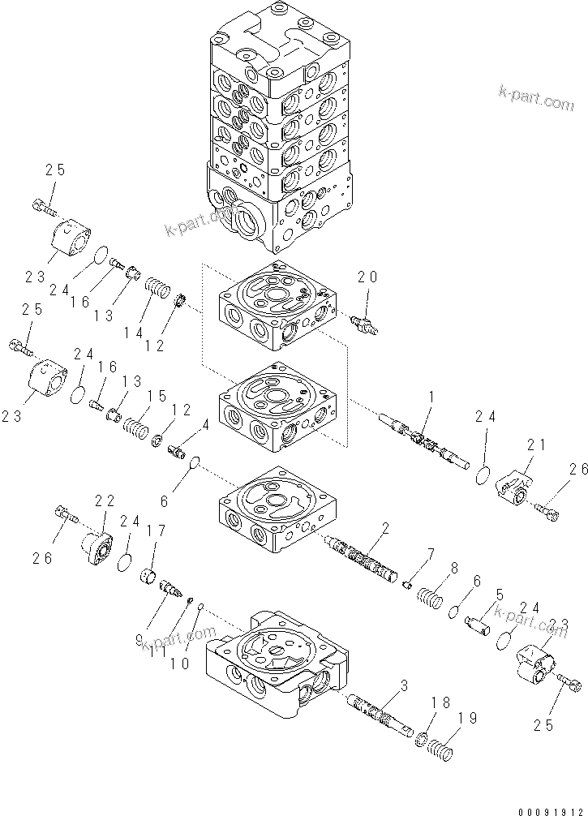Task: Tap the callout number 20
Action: [368, 277]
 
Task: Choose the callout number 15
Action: [157, 396]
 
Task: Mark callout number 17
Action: [156, 532]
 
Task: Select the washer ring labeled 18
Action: [421, 741]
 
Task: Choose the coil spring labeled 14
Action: [156, 290]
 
